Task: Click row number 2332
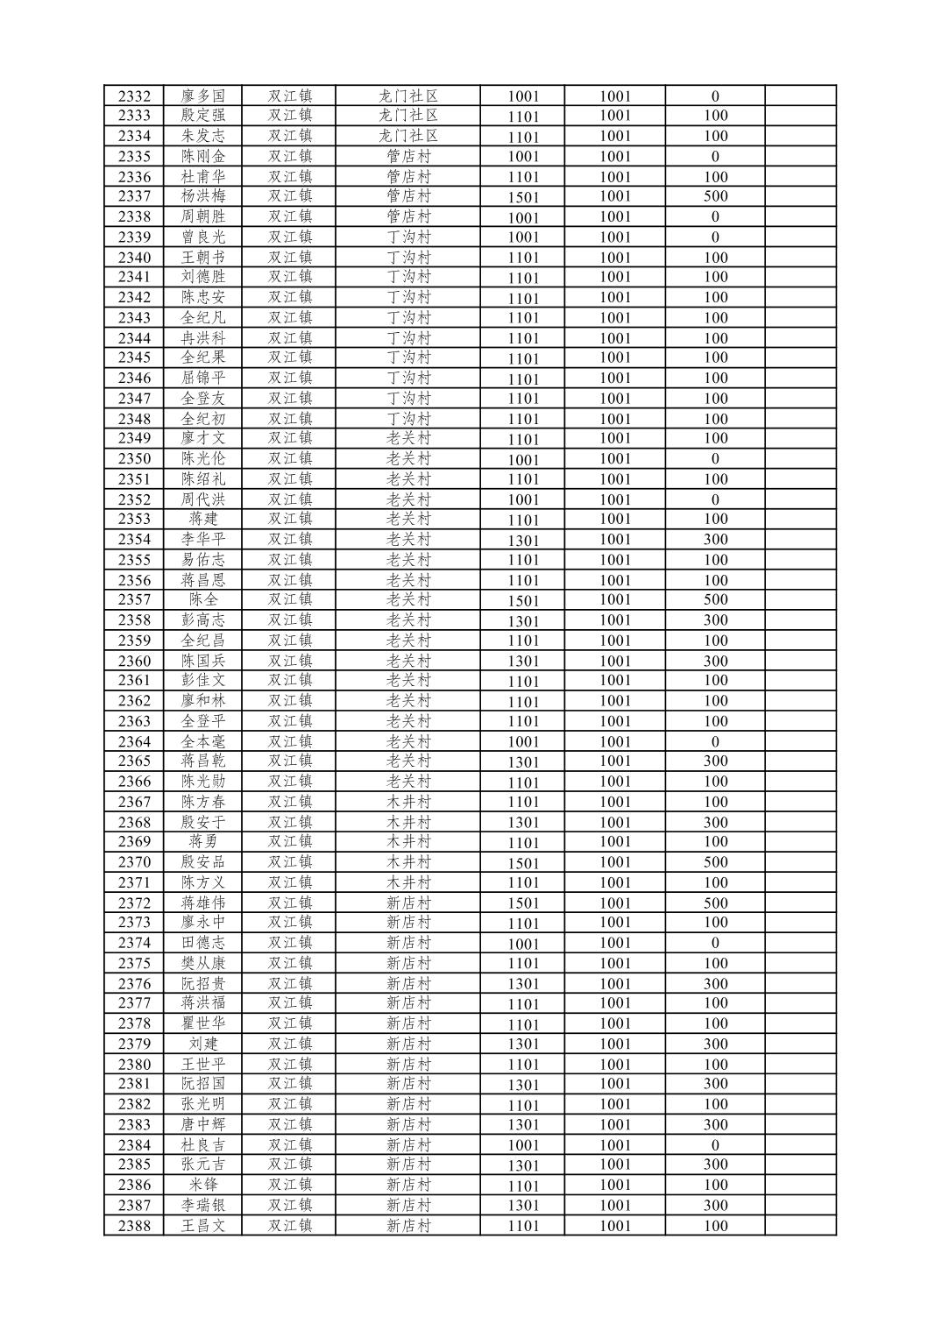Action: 134,96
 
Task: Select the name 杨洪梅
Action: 203,196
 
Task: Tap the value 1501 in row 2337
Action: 523,197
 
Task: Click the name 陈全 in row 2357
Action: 203,599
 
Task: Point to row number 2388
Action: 134,1226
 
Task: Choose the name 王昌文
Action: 203,1226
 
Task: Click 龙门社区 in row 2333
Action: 407,116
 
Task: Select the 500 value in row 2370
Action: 715,862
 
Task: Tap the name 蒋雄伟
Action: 203,903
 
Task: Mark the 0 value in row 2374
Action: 715,943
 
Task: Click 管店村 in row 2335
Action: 407,156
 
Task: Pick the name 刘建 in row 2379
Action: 203,1044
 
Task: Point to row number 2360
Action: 134,661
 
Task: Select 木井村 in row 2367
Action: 407,802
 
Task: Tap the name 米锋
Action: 203,1185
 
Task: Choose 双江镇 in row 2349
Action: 290,438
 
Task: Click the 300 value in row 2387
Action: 715,1206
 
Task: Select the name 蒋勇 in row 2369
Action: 203,841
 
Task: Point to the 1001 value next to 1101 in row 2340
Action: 615,258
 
